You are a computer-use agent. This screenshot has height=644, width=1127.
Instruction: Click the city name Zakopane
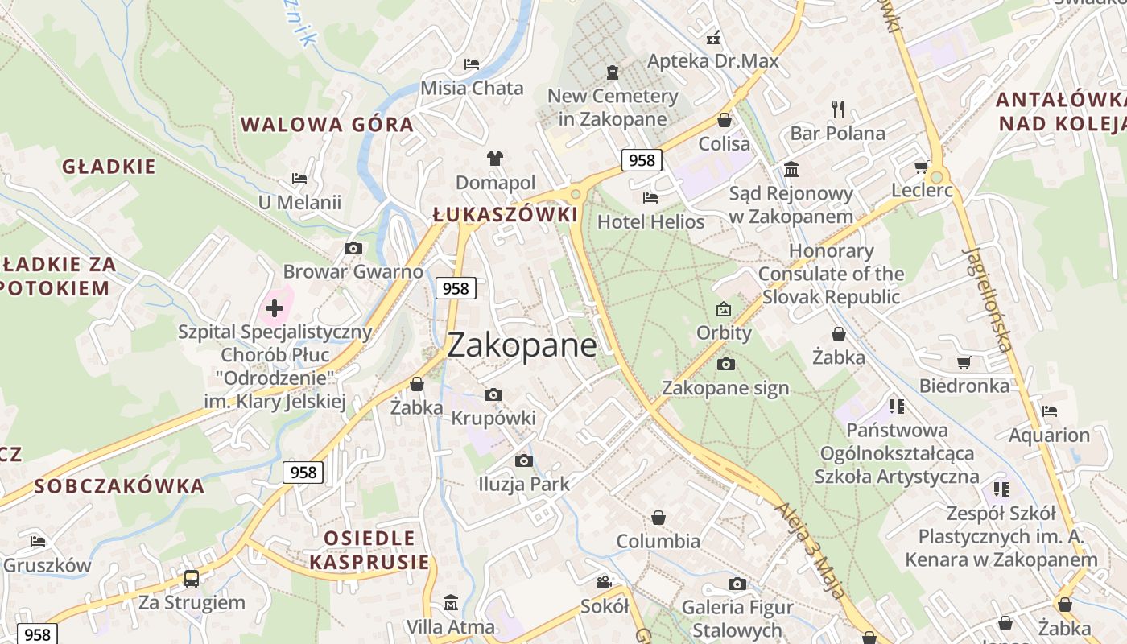point(522,345)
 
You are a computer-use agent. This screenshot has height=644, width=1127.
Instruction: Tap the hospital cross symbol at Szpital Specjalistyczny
point(275,308)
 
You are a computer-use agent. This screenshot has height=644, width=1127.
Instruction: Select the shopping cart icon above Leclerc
point(921,167)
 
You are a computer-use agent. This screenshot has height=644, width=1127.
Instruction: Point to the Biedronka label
point(964,386)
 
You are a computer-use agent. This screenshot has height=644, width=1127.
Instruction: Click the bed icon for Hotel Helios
point(650,197)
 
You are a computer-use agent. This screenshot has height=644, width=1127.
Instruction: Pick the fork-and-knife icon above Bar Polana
point(838,109)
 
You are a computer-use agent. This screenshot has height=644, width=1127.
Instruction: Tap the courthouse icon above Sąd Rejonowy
point(791,170)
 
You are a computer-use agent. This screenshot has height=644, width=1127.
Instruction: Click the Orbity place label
point(724,332)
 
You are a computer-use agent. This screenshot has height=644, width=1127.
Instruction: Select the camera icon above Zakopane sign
point(725,364)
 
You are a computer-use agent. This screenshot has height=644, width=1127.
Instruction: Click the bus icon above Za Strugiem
point(192,578)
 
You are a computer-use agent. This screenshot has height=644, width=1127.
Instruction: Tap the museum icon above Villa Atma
point(450,602)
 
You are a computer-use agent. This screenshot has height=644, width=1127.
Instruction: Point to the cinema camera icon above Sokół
point(604,582)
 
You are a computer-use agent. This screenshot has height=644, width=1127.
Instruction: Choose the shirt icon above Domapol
point(494,159)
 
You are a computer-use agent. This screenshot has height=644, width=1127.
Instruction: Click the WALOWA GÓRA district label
point(327,125)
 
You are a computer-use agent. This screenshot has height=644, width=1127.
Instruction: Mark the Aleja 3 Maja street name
point(811,551)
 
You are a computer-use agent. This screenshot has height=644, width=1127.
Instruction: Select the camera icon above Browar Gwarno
point(353,248)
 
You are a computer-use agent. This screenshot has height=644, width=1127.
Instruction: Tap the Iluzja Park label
point(523,484)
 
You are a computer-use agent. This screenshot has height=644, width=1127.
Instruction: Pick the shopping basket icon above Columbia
point(658,517)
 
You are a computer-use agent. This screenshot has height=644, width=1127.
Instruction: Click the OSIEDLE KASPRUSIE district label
point(370,550)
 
